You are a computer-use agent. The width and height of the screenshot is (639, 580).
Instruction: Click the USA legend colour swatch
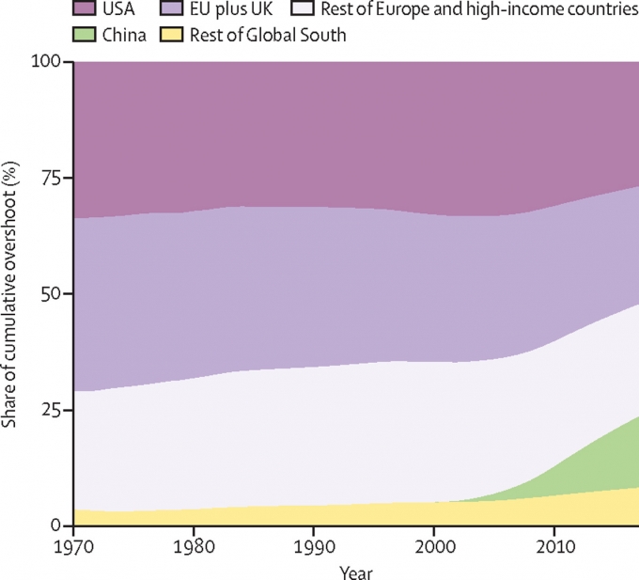pos(86,11)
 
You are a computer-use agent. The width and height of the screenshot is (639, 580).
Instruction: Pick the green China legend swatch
pos(86,37)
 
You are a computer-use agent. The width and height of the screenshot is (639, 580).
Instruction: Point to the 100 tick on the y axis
pos(47,62)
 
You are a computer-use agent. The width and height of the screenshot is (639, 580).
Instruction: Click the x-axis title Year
pos(357,570)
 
